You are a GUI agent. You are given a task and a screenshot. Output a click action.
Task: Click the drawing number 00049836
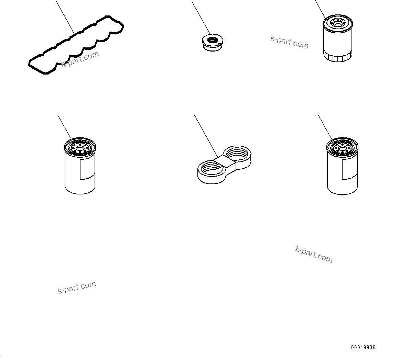[363, 347]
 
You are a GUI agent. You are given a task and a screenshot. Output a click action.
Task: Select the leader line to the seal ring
[201, 17]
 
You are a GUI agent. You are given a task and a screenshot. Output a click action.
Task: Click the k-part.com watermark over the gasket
[80, 59]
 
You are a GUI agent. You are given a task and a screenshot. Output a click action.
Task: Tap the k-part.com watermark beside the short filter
[289, 42]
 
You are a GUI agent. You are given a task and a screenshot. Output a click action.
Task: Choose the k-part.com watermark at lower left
[77, 287]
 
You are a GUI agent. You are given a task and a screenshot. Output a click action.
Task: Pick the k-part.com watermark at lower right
[314, 254]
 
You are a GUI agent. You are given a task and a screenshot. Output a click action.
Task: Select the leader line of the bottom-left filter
[64, 126]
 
